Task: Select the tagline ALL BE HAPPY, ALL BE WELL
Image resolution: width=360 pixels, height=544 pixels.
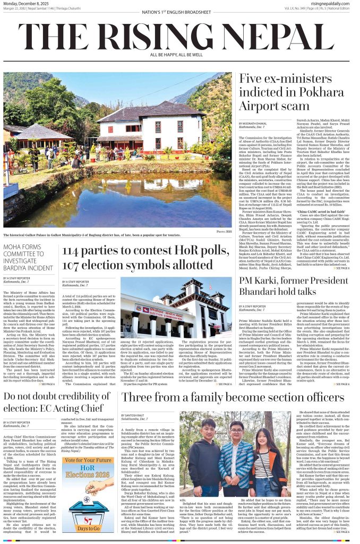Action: [x=179, y=54]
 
